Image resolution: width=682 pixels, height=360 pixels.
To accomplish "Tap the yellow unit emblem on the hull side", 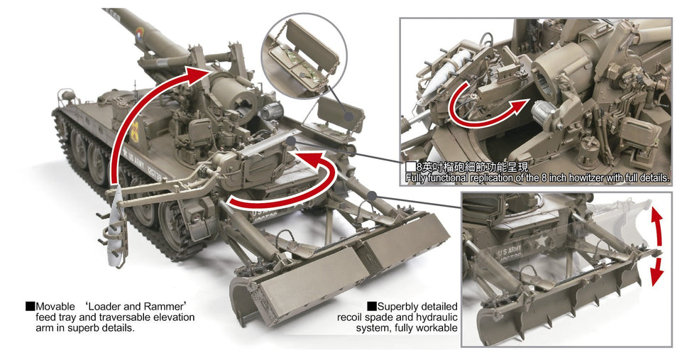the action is (134, 131).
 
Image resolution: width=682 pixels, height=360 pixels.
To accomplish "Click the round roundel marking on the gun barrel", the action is (140, 33).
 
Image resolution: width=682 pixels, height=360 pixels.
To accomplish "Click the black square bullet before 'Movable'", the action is (30, 306).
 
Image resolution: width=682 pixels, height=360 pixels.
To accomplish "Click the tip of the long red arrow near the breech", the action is (211, 70).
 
